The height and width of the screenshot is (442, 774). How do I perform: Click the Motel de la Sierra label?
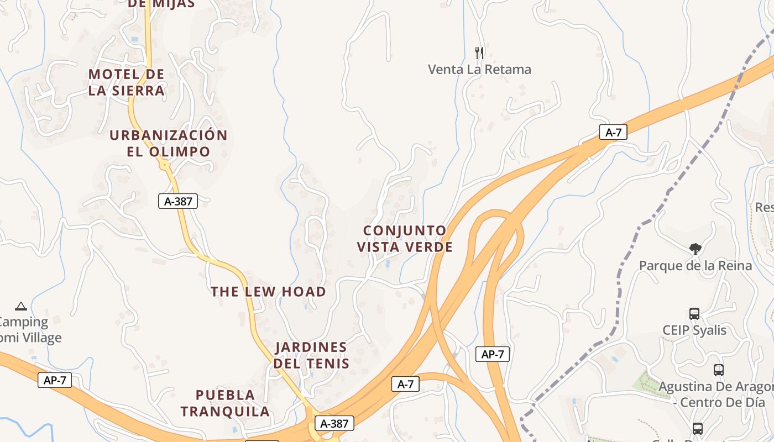click(x=127, y=82)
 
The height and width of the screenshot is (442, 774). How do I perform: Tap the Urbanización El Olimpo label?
click(x=168, y=143)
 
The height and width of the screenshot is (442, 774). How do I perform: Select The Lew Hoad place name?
click(x=268, y=291)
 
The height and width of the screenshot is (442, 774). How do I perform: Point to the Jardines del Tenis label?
click(x=311, y=355)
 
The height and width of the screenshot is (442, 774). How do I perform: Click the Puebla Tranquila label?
click(x=225, y=403)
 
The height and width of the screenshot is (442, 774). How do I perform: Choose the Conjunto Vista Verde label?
click(x=405, y=239)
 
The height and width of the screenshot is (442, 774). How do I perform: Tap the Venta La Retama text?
click(x=479, y=70)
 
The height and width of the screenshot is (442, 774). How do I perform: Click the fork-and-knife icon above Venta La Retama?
click(x=479, y=53)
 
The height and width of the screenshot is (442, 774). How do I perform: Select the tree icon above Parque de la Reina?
click(x=695, y=249)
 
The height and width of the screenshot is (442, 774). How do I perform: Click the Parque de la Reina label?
click(x=695, y=266)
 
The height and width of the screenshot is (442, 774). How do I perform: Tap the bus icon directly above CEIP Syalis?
click(x=694, y=314)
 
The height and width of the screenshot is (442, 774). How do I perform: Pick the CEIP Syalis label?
click(x=694, y=330)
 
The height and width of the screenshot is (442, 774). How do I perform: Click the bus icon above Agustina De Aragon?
click(x=718, y=370)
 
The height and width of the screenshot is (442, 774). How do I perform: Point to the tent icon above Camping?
click(x=21, y=306)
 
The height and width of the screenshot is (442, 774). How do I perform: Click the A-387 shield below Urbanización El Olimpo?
click(x=178, y=201)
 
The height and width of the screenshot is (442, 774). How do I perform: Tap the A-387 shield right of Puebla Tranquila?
click(x=334, y=424)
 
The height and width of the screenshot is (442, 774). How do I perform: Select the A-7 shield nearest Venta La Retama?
click(x=613, y=132)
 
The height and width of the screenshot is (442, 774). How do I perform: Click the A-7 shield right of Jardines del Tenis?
click(x=405, y=384)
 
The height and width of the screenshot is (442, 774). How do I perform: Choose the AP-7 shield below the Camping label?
click(x=55, y=380)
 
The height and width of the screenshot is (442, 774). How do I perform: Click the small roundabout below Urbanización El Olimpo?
click(x=164, y=164)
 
